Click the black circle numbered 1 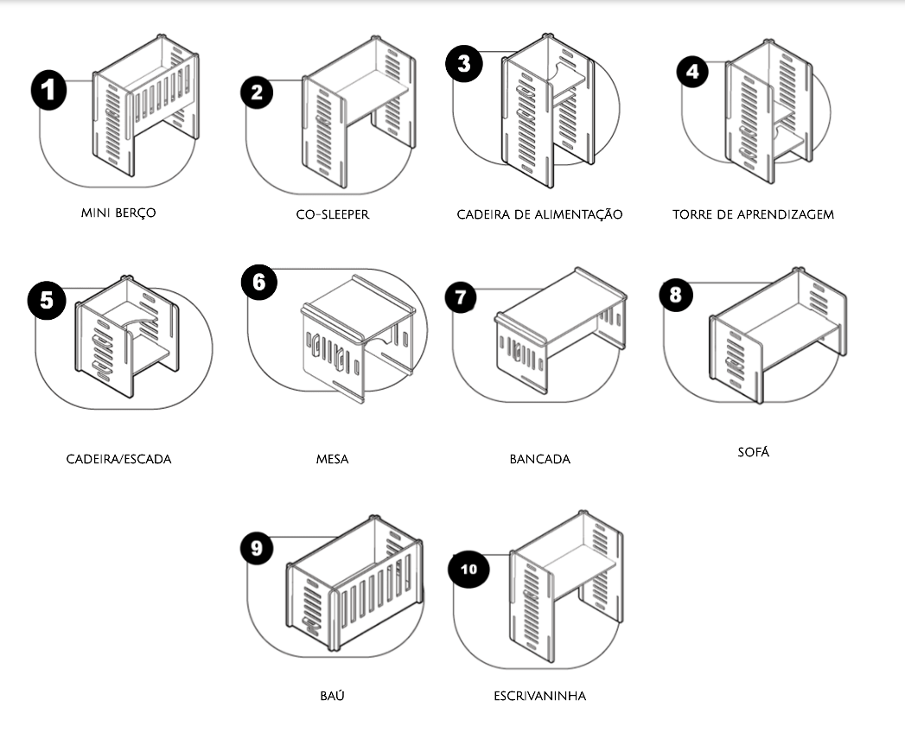(x=49, y=90)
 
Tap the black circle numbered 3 (x=464, y=63)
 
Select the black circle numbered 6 (x=259, y=283)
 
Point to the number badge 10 (x=468, y=570)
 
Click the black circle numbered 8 (x=676, y=295)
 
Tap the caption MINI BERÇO (x=118, y=213)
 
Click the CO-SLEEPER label (x=333, y=214)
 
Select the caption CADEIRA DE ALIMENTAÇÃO (x=539, y=214)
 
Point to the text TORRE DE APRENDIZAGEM (x=753, y=214)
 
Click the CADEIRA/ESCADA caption (x=119, y=459)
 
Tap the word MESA (x=333, y=459)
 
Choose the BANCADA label (x=540, y=459)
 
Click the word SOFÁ (x=753, y=451)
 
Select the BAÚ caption (x=333, y=695)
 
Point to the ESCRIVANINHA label (x=540, y=696)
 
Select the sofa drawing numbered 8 (x=777, y=334)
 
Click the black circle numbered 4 (x=692, y=72)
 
